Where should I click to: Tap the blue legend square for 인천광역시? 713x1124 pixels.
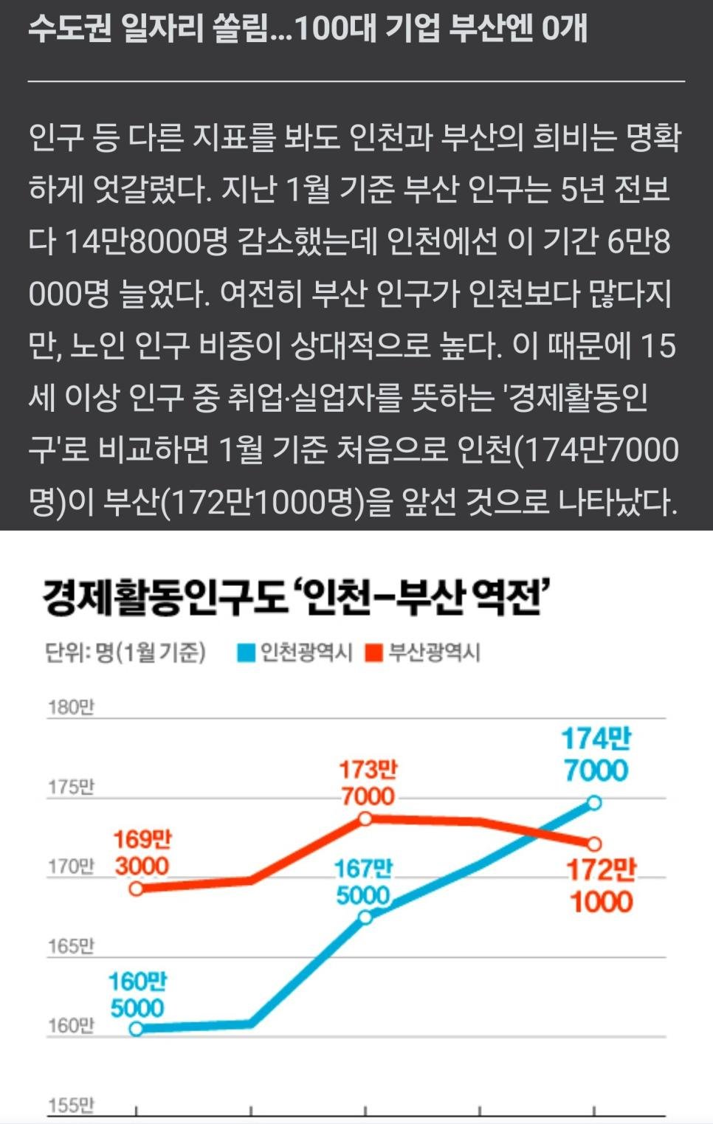pos(246,653)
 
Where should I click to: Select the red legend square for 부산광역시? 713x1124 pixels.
pos(375,653)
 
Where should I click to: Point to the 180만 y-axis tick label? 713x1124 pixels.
pos(71,707)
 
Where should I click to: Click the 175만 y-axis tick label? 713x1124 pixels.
pos(71,787)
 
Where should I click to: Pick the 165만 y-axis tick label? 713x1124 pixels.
pos(71,946)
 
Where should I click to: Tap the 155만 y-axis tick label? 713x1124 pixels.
pos(71,1106)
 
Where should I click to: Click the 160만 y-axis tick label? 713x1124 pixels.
pos(71,1026)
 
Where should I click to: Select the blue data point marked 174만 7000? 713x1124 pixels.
pos(594,802)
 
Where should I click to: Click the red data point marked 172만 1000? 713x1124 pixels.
pos(594,844)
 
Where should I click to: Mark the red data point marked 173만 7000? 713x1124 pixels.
pos(365,818)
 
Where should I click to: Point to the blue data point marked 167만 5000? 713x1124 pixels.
pos(365,917)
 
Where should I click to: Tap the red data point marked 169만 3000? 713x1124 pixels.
pos(137,889)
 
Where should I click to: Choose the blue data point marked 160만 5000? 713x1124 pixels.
pos(137,1028)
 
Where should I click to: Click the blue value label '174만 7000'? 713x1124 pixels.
pos(596,754)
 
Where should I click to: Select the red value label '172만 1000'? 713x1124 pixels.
pos(602,886)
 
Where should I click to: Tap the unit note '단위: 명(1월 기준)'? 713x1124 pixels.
pos(125,653)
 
